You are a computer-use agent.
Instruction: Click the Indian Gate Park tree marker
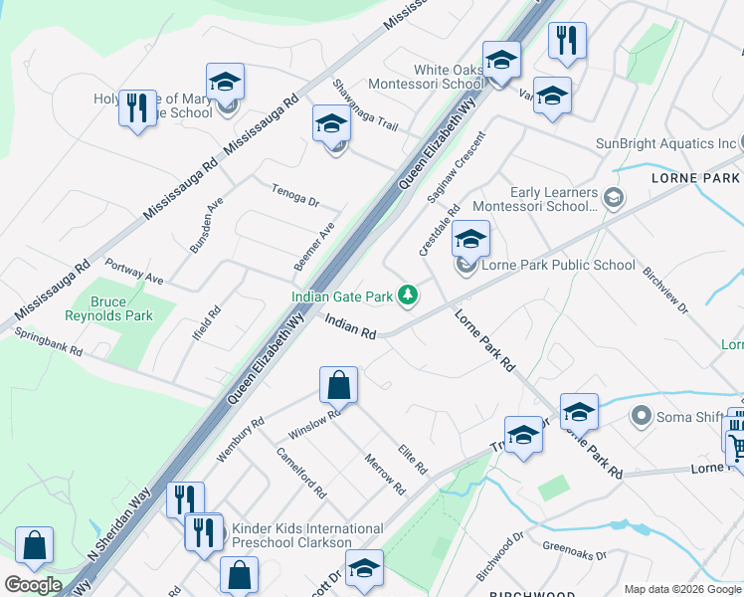[407, 295]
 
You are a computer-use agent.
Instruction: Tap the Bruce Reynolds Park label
[123, 308]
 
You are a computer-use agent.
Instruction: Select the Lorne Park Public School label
[558, 265]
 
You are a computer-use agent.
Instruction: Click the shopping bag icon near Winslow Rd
[338, 384]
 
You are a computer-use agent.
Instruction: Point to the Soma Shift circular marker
[641, 416]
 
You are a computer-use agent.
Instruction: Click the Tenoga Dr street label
[294, 194]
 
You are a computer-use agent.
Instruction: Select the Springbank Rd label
[47, 342]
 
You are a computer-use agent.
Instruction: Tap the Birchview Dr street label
[664, 290]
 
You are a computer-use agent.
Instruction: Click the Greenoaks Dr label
[576, 546]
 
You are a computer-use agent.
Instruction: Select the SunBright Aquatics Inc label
[665, 143]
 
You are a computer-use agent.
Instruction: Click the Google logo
[33, 585]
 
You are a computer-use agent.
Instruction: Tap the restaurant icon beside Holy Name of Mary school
[137, 106]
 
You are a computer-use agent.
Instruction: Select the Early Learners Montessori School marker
[614, 196]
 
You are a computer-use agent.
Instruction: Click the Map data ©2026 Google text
[682, 589]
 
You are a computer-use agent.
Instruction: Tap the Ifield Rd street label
[207, 324]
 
